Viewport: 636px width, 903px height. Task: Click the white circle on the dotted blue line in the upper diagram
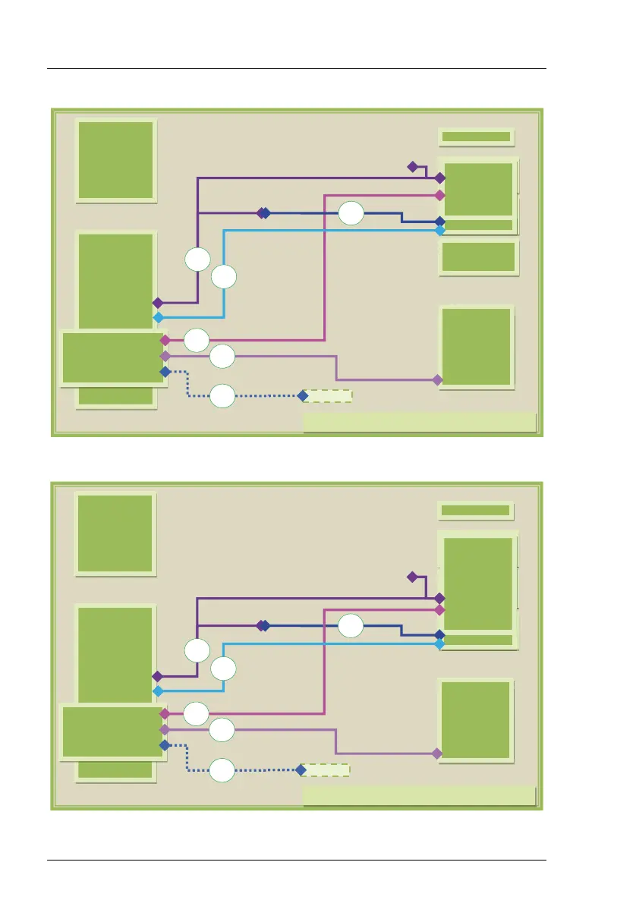(222, 396)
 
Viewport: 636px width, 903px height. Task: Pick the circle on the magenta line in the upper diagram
(197, 340)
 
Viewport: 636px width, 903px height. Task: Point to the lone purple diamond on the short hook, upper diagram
(413, 166)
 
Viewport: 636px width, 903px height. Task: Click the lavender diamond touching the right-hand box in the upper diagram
(437, 379)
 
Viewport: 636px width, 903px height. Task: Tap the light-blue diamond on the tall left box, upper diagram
(158, 317)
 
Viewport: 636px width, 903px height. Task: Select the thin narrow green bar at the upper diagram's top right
(476, 137)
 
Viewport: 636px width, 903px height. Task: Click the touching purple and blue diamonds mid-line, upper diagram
(263, 213)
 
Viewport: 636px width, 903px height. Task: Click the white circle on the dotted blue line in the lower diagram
(222, 770)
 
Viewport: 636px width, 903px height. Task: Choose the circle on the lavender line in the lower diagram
(222, 731)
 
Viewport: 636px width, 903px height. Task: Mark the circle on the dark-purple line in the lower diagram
(197, 650)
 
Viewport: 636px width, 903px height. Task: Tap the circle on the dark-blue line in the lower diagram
(351, 627)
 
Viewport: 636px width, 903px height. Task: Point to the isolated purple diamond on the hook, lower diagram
(412, 577)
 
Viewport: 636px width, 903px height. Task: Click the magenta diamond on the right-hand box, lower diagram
(439, 609)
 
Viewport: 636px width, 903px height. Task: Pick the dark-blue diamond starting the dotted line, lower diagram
(165, 746)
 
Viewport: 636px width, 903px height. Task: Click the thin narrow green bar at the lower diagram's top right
(476, 511)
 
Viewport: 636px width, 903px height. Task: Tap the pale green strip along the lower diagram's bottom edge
(419, 795)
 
